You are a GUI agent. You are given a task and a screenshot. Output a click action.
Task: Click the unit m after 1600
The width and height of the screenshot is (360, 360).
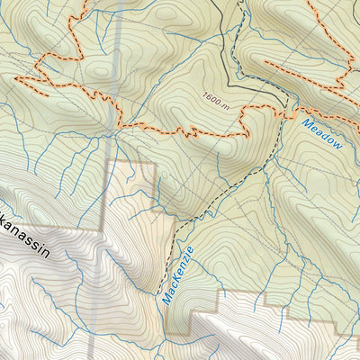tap(229, 104)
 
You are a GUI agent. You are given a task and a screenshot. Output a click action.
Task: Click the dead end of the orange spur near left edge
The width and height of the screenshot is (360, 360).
tap(15, 78)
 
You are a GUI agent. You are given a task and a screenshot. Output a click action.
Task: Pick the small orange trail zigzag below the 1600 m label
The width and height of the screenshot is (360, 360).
tap(188, 131)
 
